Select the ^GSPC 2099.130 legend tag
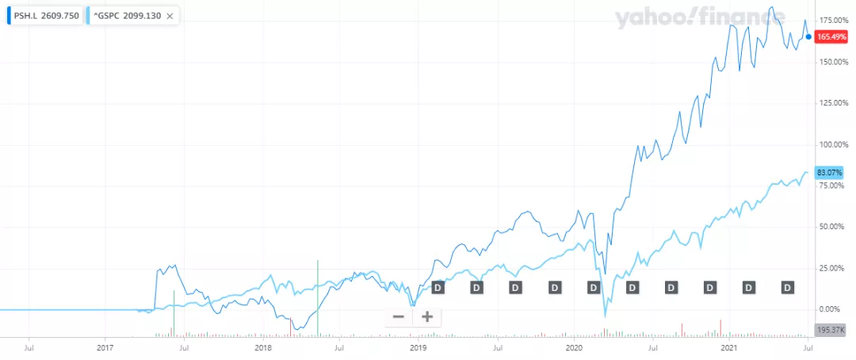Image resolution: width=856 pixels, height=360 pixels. (x=127, y=15)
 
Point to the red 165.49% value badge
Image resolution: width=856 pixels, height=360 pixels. (x=835, y=36)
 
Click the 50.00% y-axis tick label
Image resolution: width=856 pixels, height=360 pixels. (x=835, y=227)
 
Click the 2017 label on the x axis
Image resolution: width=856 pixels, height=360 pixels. (x=105, y=347)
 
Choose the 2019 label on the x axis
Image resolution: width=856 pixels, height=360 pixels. (x=418, y=347)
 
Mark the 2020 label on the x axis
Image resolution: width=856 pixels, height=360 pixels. (x=574, y=347)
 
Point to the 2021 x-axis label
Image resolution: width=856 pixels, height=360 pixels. (x=729, y=347)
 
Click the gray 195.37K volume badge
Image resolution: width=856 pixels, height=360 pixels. (x=835, y=330)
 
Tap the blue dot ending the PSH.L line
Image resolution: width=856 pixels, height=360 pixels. (x=808, y=36)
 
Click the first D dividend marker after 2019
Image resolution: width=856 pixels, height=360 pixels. (x=438, y=287)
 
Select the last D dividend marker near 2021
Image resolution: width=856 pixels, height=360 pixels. (x=788, y=287)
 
